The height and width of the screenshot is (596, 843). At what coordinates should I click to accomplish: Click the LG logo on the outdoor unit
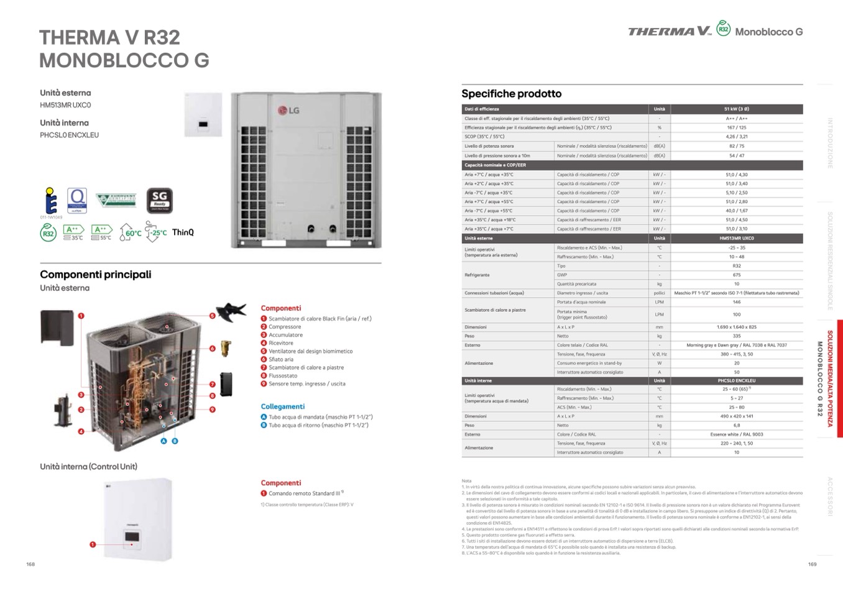288,111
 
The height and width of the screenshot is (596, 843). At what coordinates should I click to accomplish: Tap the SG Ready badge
159,200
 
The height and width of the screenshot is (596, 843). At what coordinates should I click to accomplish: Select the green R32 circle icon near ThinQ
48,233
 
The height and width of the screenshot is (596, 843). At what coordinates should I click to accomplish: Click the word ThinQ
183,232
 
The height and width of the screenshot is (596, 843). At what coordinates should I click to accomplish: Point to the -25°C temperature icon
156,233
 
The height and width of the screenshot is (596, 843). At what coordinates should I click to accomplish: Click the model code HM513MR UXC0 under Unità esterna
65,105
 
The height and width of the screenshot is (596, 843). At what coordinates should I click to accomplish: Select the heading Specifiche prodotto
511,94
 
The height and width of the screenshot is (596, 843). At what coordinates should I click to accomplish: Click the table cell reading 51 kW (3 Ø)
736,109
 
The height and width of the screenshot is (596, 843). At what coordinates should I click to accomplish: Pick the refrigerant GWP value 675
736,275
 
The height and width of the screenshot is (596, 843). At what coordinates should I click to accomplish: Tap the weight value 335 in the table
736,336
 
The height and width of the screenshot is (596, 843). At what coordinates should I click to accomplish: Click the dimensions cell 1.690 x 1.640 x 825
736,327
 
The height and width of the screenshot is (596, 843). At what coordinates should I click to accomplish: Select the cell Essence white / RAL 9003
736,434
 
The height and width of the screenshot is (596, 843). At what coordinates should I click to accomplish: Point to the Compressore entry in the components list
285,327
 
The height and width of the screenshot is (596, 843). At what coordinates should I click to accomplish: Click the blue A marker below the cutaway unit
164,441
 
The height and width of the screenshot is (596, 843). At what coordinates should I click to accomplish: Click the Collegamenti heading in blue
282,406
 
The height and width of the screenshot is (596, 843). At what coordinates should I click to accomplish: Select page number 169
812,564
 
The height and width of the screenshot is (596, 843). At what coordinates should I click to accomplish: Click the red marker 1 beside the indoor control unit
93,544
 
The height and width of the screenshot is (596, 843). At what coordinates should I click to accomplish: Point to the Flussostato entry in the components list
283,375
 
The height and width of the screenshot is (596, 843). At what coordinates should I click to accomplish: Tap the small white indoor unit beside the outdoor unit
203,115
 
